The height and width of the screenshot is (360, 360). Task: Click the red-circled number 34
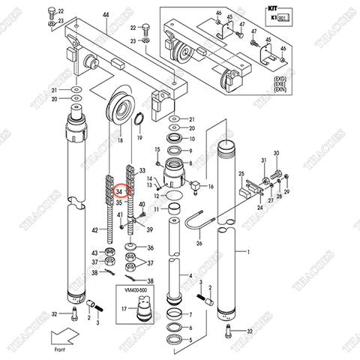tap(119, 193)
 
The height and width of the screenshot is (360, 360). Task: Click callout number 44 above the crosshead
tap(106, 15)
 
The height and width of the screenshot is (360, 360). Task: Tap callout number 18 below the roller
tap(120, 141)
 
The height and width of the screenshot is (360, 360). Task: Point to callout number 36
tap(150, 249)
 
